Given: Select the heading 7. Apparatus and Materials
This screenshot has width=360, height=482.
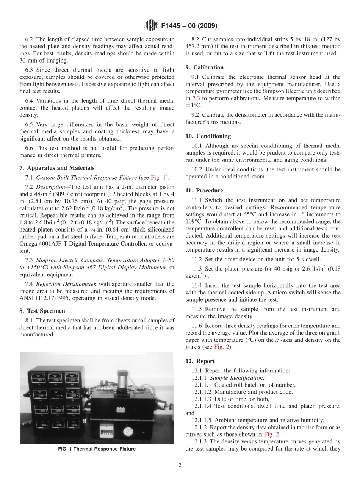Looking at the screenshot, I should point(57,168).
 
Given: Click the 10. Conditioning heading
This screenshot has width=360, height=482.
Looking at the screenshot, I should point(208,136).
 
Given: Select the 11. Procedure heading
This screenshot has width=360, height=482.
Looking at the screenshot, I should point(204,191).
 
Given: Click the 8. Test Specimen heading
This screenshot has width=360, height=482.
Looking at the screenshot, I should point(42,311).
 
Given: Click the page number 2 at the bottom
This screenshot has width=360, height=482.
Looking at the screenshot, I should point(180,466).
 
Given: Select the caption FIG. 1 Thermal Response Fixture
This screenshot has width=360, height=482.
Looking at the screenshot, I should point(97,449).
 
